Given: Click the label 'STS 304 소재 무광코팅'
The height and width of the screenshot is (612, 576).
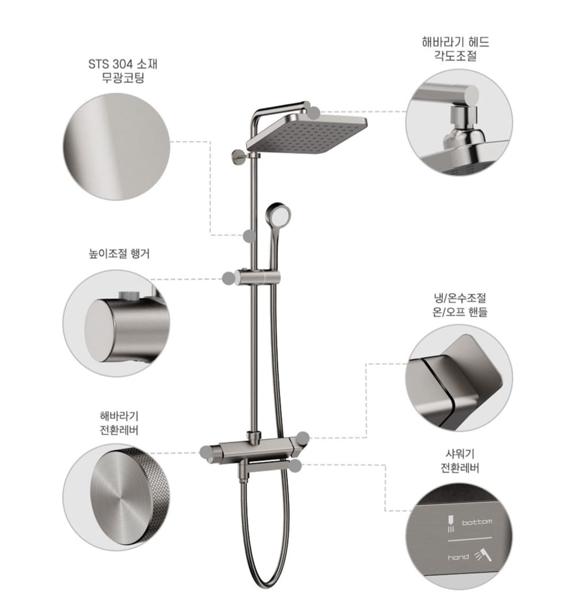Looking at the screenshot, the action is [x=123, y=71].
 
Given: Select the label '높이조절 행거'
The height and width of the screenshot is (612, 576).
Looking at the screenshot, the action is [x=119, y=254].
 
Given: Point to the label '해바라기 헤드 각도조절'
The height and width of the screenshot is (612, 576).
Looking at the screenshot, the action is [x=456, y=48].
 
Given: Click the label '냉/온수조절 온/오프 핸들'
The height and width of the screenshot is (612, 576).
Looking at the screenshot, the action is [x=460, y=305].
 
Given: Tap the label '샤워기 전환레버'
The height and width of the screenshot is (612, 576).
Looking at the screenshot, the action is [x=460, y=460].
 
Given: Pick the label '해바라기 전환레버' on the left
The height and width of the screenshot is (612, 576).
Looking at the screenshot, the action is [x=119, y=423].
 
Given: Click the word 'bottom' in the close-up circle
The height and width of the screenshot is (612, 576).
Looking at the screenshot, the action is [x=477, y=522].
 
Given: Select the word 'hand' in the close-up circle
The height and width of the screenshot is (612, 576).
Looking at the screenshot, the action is [x=458, y=557].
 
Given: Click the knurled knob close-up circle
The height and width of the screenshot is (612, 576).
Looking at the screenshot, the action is [x=116, y=497].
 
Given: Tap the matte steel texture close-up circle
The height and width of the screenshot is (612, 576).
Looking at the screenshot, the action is [x=116, y=147].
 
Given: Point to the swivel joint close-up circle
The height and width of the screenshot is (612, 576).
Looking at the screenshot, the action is [x=459, y=122].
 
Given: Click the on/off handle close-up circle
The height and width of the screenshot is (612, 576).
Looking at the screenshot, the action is [x=459, y=378].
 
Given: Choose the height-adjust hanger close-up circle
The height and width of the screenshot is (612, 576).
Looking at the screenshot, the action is [x=116, y=323].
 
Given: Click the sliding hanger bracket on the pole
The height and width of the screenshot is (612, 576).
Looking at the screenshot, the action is [x=257, y=277].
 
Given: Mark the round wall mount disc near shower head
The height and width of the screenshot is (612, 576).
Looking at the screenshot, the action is [x=237, y=157].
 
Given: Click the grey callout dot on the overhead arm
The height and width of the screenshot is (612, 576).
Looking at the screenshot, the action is [x=314, y=112].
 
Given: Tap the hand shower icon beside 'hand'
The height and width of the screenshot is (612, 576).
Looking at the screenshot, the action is [x=483, y=555].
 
